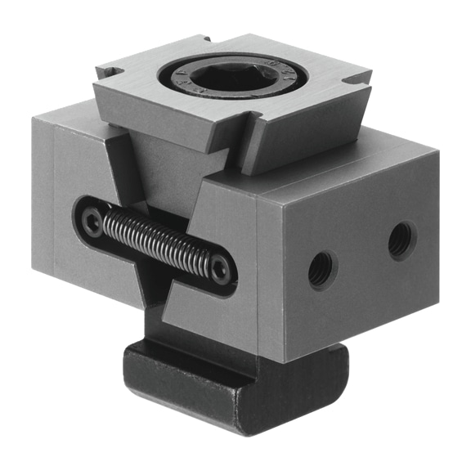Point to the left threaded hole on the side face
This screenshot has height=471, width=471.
[x=321, y=269]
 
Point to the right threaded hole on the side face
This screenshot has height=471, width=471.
[x=401, y=240]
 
